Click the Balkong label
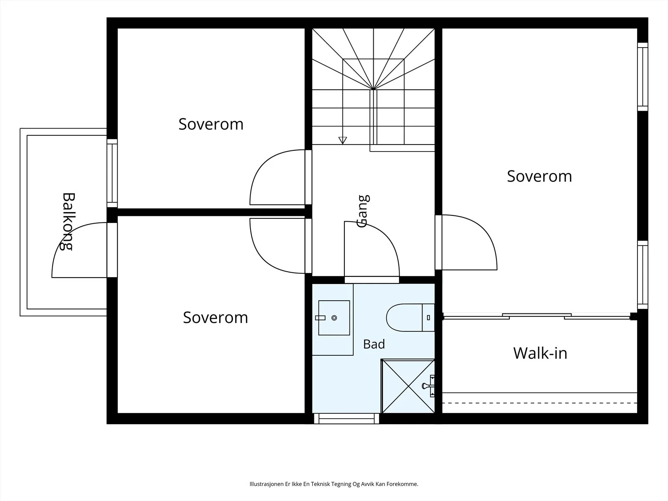[x=68, y=221]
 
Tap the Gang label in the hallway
[x=363, y=211]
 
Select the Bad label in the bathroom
[x=374, y=344]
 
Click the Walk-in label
[x=540, y=353]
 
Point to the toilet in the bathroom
[x=410, y=318]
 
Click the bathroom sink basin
[x=334, y=318]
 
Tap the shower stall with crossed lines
[x=408, y=386]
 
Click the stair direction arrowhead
[x=343, y=140]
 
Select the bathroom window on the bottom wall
[x=347, y=419]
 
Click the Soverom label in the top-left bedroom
[x=211, y=124]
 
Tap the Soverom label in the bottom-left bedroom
[x=215, y=318]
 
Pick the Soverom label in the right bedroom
[x=539, y=176]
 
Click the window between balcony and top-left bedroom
[x=112, y=173]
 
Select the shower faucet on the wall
[x=428, y=386]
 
